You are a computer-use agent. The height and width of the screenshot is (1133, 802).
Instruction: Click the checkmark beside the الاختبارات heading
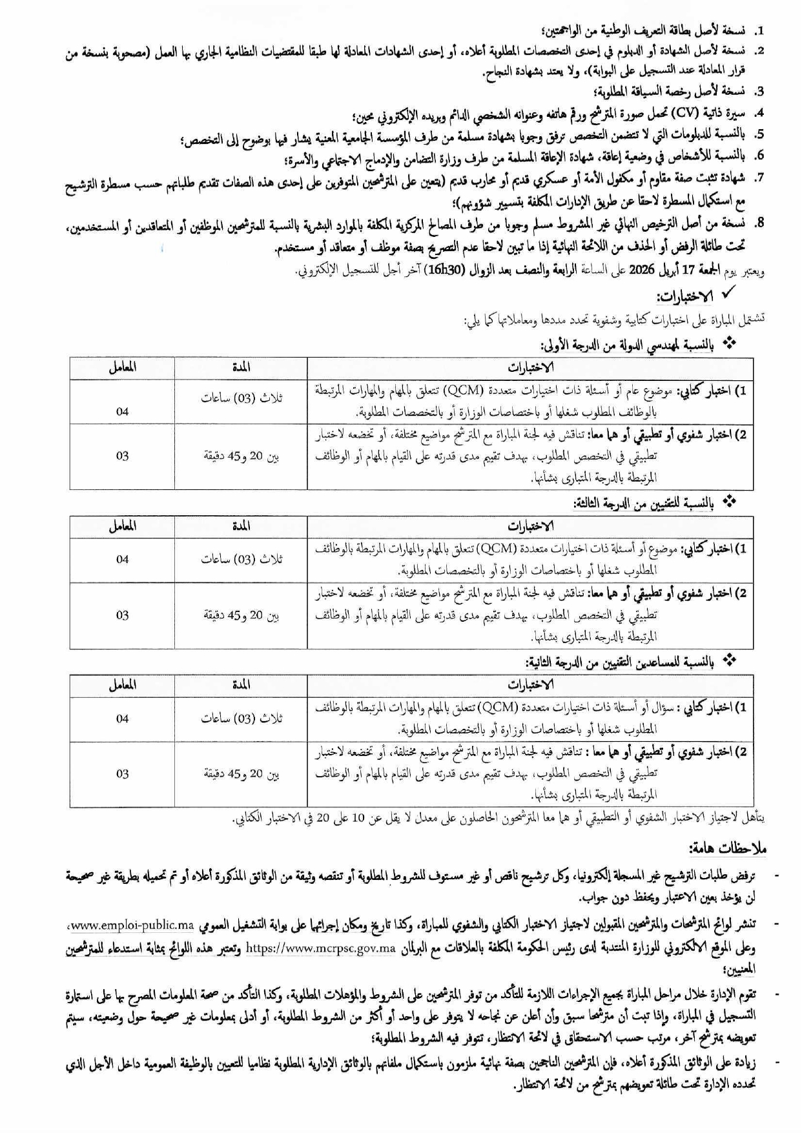tap(727, 294)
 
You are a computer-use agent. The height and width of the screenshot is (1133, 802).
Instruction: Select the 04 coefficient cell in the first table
tap(123, 411)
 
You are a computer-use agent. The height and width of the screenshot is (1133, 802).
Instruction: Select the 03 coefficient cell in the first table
tap(123, 456)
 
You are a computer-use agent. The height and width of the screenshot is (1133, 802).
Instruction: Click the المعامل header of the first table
tap(123, 368)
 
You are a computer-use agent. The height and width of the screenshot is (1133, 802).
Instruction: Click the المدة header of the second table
tap(241, 526)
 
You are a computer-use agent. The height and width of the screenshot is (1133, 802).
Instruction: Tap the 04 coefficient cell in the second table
tap(123, 559)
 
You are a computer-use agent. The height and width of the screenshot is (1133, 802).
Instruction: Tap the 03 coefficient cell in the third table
tap(123, 773)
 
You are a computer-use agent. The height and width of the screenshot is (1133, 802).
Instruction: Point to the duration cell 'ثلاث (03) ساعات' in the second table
tap(241, 559)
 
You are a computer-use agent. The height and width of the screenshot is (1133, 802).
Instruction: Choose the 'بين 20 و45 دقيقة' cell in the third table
tap(241, 773)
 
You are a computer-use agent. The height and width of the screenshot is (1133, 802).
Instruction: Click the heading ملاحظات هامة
tap(728, 848)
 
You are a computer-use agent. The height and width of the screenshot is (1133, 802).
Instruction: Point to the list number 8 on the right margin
tap(760, 223)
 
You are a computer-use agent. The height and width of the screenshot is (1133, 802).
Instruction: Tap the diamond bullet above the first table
tap(729, 343)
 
